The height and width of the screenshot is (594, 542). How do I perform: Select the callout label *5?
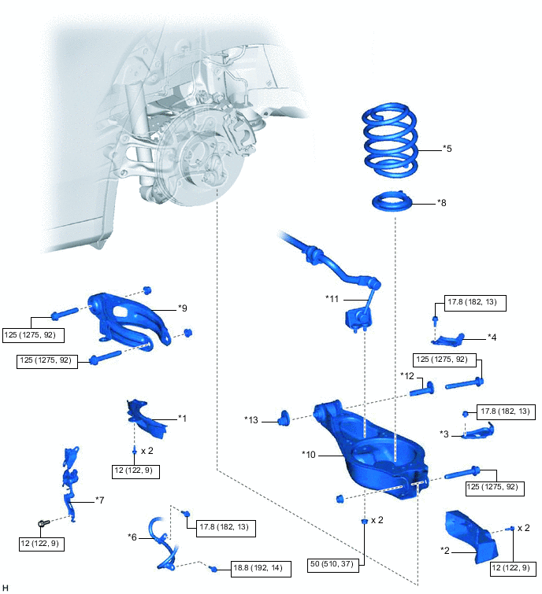tap(447, 148)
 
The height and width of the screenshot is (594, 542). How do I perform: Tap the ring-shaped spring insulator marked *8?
tap(392, 203)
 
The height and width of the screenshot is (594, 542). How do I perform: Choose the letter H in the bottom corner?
tap(6, 587)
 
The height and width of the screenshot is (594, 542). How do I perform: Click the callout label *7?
tap(100, 500)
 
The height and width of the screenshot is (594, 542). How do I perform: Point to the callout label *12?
tap(407, 376)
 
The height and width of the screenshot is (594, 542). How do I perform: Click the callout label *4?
tap(492, 337)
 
